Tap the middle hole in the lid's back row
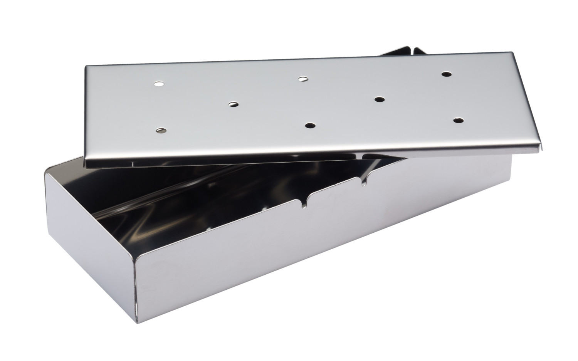pos(304,79)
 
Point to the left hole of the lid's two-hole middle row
pos(234,104)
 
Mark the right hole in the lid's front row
pos(458,120)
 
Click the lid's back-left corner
pos(86,65)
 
